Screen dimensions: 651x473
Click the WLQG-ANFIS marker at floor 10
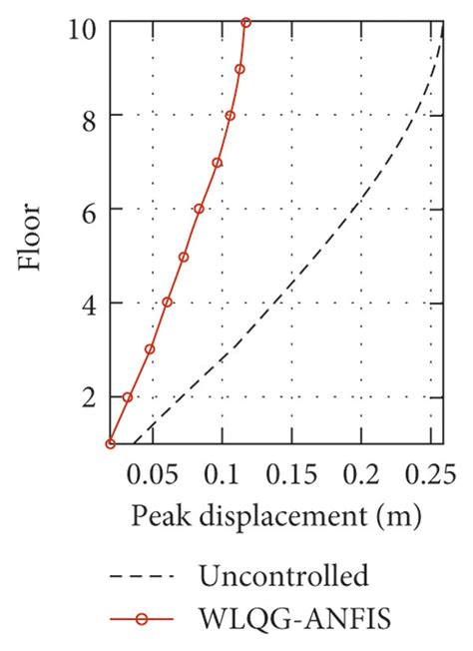(246, 22)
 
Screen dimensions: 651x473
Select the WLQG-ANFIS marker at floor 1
(111, 443)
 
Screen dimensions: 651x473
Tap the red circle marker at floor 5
(184, 257)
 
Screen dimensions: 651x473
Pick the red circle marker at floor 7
(217, 163)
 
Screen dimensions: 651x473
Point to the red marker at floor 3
(150, 349)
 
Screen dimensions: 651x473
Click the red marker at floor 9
(239, 69)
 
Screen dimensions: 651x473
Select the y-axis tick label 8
(87, 116)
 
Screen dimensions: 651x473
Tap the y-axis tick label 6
(87, 210)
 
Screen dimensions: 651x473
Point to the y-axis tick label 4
(87, 303)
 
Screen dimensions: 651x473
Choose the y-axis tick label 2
(87, 396)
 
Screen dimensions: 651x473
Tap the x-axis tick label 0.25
(423, 472)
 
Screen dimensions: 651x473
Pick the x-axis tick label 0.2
(362, 472)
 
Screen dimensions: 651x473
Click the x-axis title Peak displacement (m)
(274, 518)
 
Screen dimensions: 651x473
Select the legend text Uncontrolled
(283, 576)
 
